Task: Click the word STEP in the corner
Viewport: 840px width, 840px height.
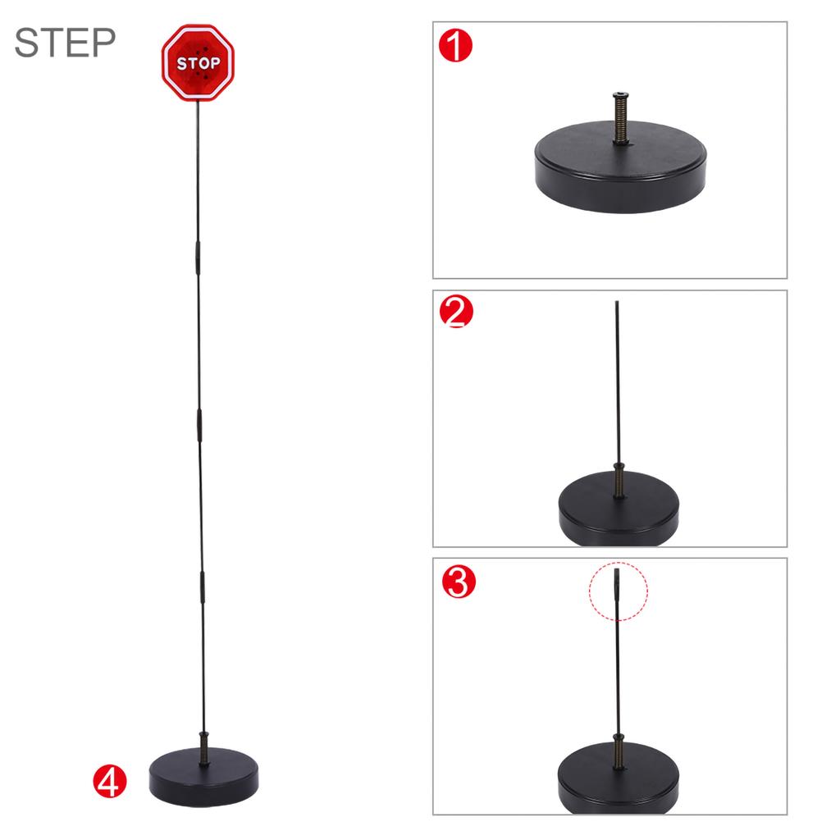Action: [65, 42]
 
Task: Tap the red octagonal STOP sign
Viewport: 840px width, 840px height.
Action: [198, 62]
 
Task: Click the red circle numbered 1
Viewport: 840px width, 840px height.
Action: [456, 46]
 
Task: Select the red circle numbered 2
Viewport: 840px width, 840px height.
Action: [457, 312]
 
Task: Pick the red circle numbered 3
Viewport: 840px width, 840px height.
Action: [457, 582]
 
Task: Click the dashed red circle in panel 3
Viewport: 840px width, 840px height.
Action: [619, 591]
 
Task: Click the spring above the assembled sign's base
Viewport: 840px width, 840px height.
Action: [203, 747]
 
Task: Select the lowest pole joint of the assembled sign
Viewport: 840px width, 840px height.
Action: [201, 589]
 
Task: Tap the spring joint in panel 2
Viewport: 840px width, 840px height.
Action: [619, 479]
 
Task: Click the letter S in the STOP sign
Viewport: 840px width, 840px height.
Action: [183, 63]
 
